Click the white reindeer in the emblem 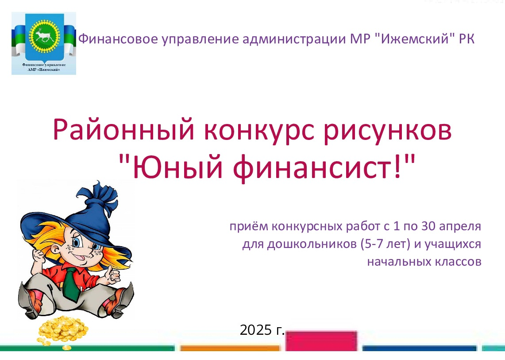(x=44, y=35)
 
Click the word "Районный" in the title (x=123, y=130)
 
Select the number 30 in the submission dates (x=428, y=226)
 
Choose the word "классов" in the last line (x=458, y=262)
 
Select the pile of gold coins (x=63, y=330)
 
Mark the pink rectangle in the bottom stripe (x=321, y=341)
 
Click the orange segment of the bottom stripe (x=230, y=348)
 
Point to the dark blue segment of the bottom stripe (x=419, y=348)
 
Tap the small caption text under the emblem (x=44, y=67)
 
